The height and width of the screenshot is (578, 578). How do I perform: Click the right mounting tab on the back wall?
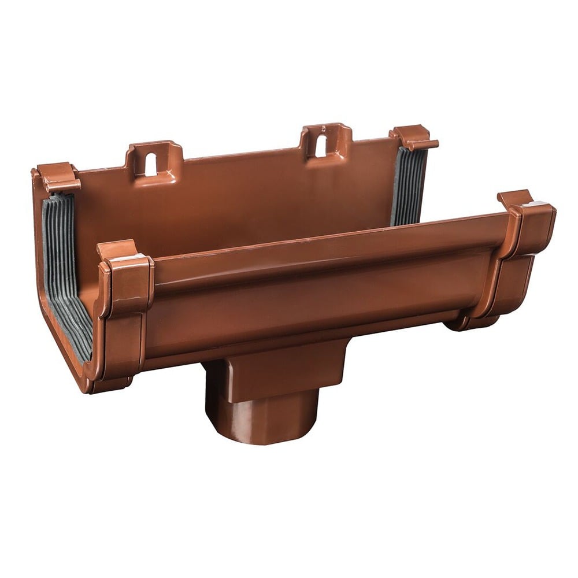coord(325,140)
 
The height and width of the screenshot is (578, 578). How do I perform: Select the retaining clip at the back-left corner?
coord(58,176)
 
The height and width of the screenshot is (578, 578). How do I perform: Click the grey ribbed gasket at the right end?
coord(409,185)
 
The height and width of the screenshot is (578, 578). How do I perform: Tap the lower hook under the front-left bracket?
coord(110,384)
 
